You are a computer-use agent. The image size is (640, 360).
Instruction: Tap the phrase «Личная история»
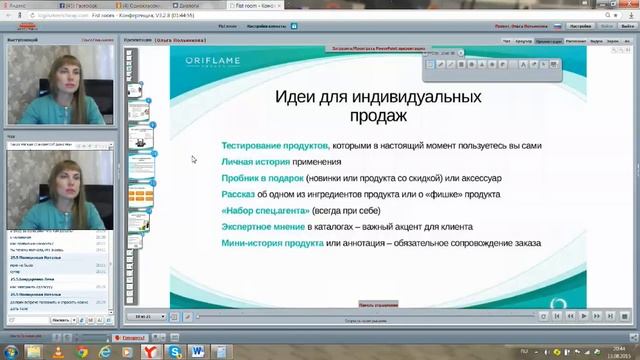pyautogui.click(x=255, y=161)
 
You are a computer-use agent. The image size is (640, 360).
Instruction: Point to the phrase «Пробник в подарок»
pyautogui.click(x=262, y=177)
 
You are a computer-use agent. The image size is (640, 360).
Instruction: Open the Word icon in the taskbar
pyautogui.click(x=196, y=351)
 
